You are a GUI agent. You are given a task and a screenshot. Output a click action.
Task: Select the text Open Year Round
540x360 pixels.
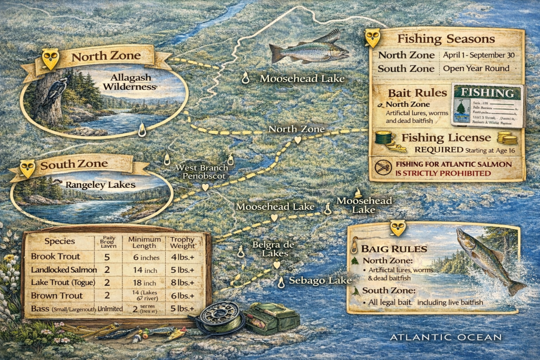pos(476,69)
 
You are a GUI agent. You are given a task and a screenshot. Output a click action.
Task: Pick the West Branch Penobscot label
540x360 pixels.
pos(205,172)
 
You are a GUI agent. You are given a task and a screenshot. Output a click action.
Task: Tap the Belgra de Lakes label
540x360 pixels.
pos(270,249)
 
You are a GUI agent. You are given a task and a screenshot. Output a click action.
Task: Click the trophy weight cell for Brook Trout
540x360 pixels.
pos(181,257)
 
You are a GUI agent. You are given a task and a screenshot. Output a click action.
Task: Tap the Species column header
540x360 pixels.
pos(59,242)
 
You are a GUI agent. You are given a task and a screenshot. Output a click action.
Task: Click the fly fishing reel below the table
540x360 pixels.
pos(217,317)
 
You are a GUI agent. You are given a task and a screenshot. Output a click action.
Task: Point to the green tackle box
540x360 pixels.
pos(272,318)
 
